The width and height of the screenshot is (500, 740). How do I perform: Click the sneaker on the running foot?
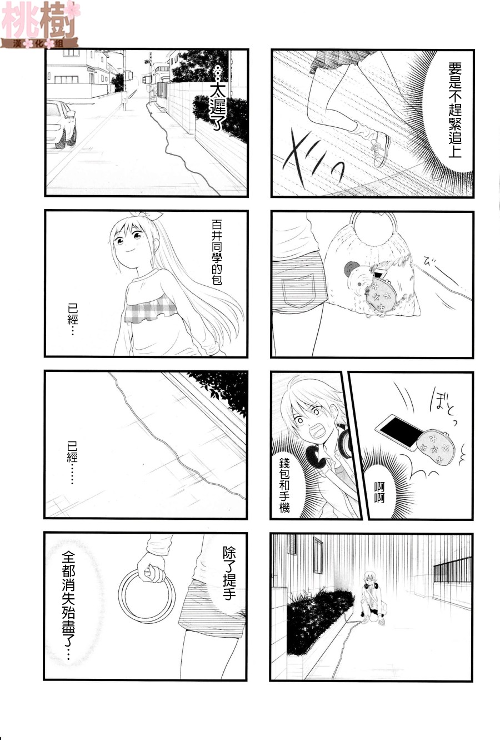[381, 149]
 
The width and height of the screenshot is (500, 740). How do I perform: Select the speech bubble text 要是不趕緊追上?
[455, 110]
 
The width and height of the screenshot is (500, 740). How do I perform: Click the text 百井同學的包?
[217, 253]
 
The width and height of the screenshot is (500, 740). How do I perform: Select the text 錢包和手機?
[284, 484]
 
